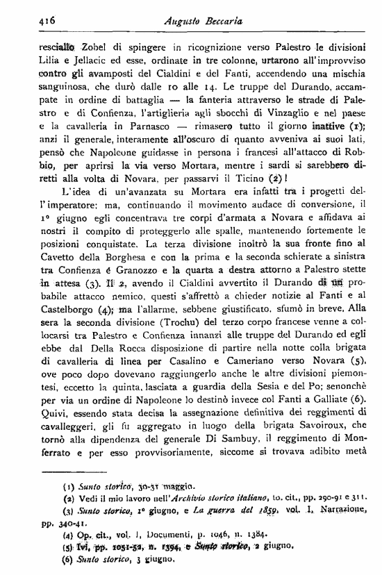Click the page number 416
coord(28,22)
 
